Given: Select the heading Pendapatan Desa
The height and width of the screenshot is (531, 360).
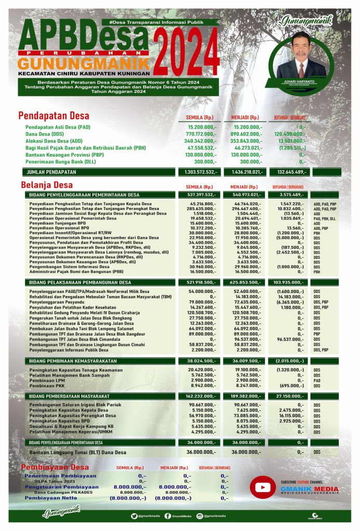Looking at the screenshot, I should coord(54,116).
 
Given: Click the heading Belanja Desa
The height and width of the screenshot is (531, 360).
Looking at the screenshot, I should coord(47,185).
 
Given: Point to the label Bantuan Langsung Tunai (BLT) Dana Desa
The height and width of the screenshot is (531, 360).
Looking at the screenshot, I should coord(78,452).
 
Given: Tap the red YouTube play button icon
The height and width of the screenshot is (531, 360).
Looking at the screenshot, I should coord(263,488).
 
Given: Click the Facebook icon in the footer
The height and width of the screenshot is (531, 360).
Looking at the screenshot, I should coord(168,516).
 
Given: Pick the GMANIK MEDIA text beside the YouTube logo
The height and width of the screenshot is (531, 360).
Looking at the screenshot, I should coord(309,489).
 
